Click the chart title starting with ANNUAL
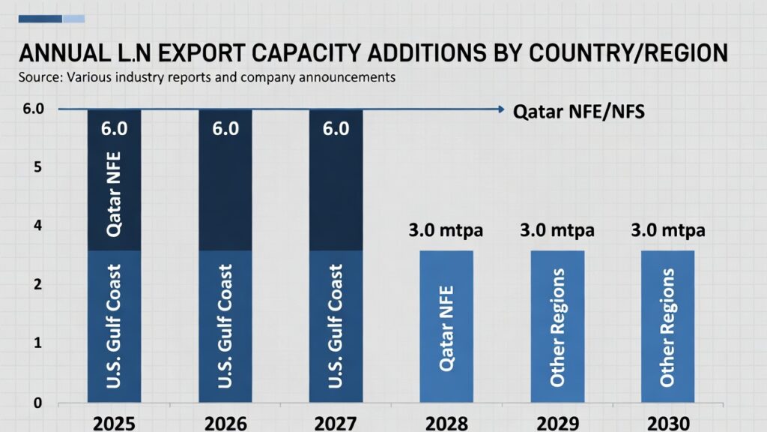pyautogui.click(x=372, y=53)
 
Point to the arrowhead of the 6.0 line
pyautogui.click(x=500, y=109)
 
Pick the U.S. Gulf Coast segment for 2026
pyautogui.click(x=225, y=326)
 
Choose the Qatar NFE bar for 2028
pyautogui.click(x=446, y=326)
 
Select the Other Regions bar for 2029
pyautogui.click(x=557, y=326)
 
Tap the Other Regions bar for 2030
pyautogui.click(x=668, y=326)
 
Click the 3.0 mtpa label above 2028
pyautogui.click(x=446, y=230)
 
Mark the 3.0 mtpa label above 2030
pyautogui.click(x=668, y=230)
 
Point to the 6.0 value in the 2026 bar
pyautogui.click(x=225, y=129)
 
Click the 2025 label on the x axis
pyautogui.click(x=115, y=421)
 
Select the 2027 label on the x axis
pyautogui.click(x=336, y=421)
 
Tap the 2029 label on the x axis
pyautogui.click(x=557, y=421)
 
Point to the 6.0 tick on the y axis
pyautogui.click(x=34, y=109)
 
